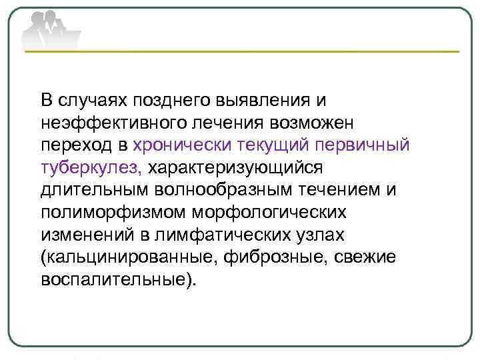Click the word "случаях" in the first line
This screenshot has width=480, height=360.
(x=91, y=101)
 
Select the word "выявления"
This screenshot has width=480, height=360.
(x=262, y=101)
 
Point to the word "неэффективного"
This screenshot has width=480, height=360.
(x=110, y=123)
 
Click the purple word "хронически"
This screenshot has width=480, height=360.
(x=175, y=145)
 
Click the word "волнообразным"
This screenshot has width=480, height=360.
(x=212, y=189)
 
